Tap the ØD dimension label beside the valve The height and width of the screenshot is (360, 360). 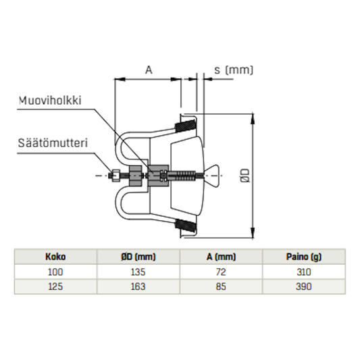point(248,175)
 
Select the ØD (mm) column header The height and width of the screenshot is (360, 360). point(138,257)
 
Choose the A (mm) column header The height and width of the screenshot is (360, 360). point(222,257)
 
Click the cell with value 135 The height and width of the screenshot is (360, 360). point(138,272)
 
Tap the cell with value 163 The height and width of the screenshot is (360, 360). point(138,287)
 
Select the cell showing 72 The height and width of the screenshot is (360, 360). point(222,272)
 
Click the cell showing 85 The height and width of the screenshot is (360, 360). point(222,287)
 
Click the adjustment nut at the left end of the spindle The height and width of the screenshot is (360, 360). point(116,175)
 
